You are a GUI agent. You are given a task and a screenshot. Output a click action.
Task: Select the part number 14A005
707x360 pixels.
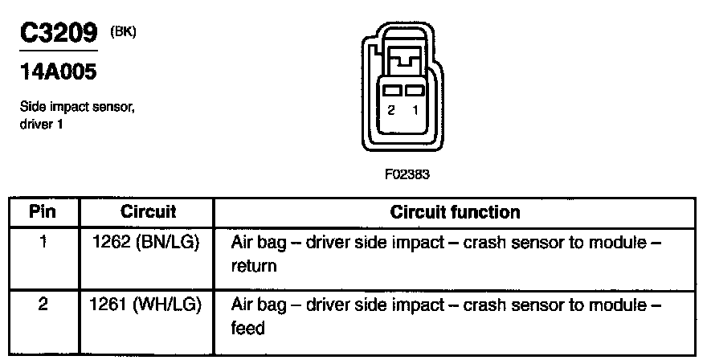[57, 72]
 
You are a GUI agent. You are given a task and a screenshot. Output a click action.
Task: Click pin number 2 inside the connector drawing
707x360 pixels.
[390, 112]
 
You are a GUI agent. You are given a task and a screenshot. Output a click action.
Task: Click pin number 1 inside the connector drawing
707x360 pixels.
[415, 112]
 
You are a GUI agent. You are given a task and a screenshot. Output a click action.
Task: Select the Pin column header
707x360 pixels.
[43, 213]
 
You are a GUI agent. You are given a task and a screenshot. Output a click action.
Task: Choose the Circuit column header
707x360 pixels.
[148, 213]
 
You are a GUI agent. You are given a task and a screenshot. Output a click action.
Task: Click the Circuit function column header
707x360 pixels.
[455, 213]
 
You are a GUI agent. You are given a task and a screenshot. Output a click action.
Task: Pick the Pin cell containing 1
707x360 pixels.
[43, 242]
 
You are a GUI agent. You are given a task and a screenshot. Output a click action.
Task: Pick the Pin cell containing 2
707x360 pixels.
[43, 305]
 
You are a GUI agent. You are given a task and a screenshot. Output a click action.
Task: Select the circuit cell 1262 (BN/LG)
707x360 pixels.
[147, 242]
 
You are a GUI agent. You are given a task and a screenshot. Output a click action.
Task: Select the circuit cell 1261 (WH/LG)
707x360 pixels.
[147, 305]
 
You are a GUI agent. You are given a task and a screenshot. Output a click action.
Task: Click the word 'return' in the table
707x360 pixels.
[254, 265]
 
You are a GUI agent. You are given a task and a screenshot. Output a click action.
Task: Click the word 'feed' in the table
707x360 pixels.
[248, 329]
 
